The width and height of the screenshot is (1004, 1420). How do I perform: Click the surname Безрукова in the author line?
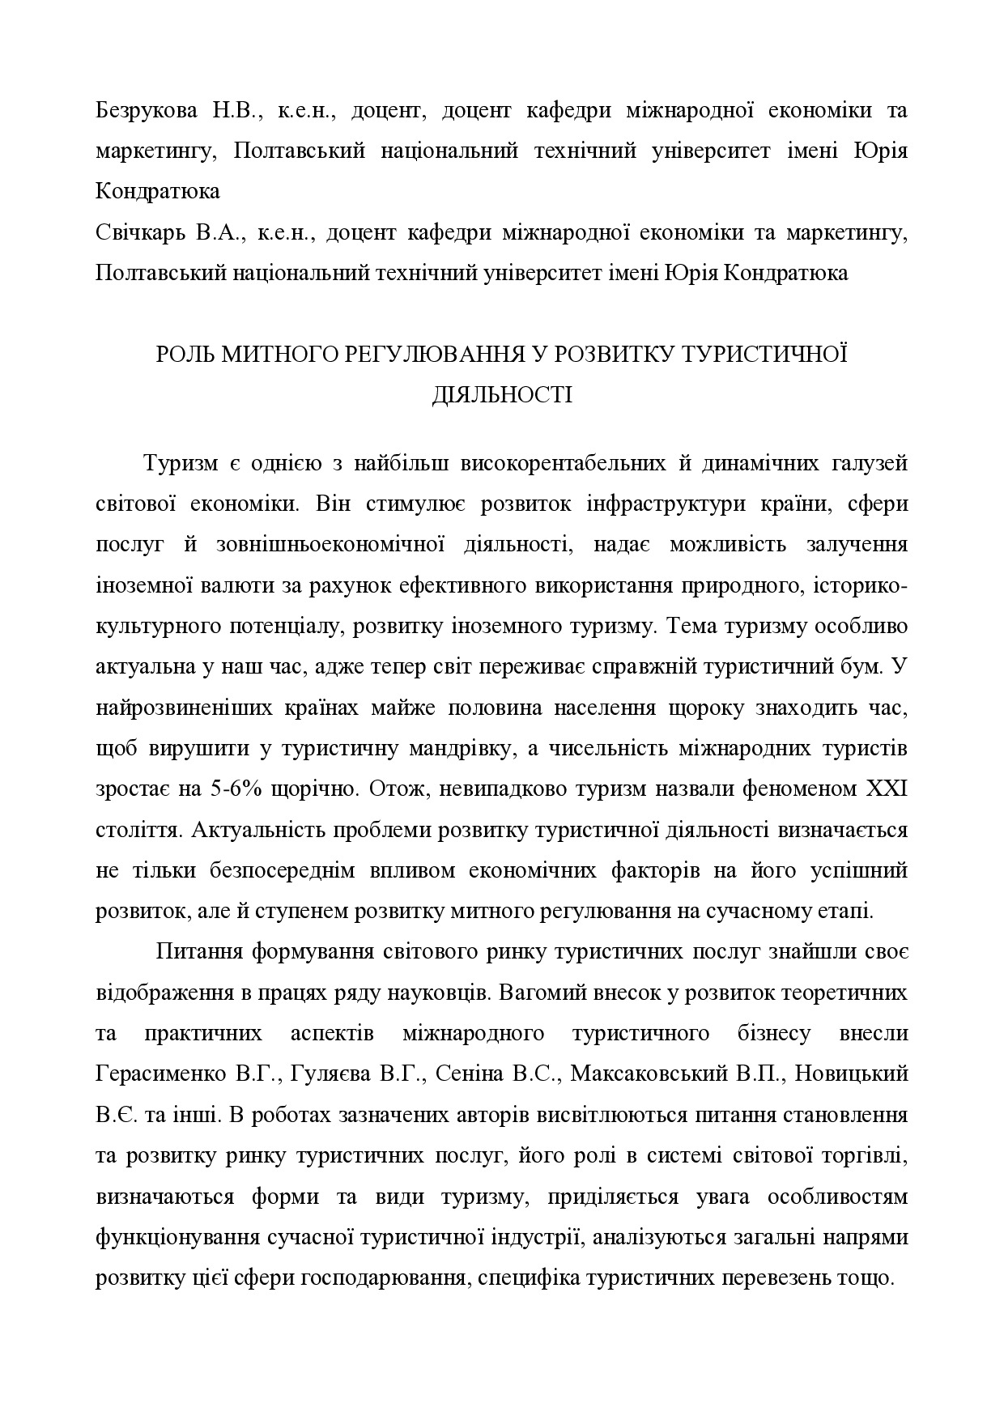coord(146,111)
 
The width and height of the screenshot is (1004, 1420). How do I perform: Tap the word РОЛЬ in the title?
coord(185,355)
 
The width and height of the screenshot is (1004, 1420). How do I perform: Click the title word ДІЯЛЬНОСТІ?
coord(502,396)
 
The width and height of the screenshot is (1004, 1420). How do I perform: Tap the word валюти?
coord(223,585)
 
